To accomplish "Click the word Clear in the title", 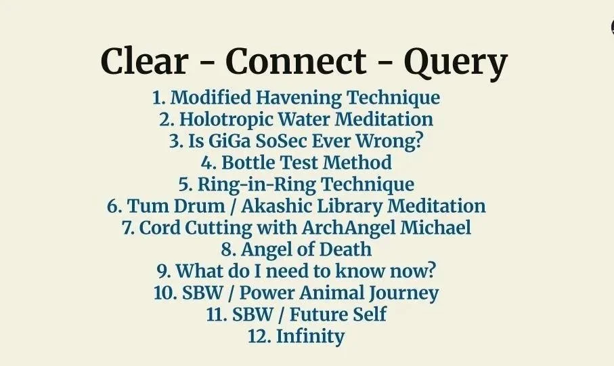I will click(x=144, y=62).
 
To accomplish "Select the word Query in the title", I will click(x=455, y=63).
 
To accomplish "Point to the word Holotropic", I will click(x=221, y=119).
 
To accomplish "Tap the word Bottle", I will click(x=252, y=163).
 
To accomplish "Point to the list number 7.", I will click(x=129, y=227).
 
